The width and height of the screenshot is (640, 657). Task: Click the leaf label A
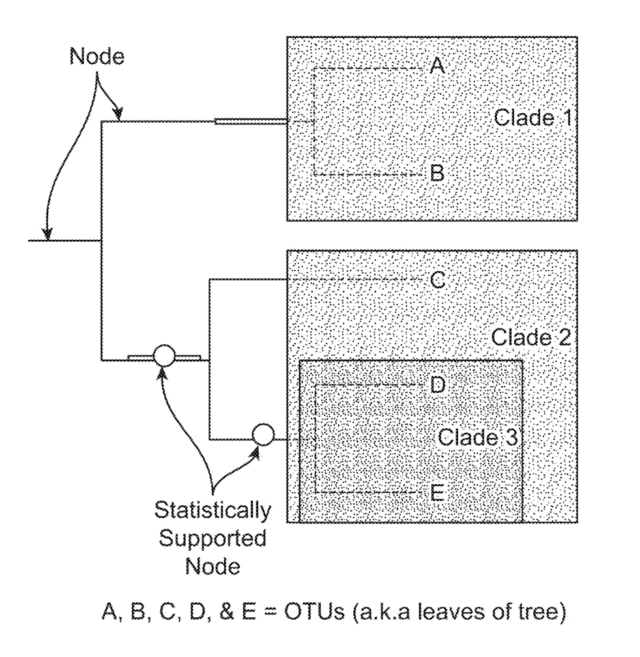(437, 65)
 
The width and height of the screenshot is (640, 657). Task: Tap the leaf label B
(437, 173)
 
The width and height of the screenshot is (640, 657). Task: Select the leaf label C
(438, 280)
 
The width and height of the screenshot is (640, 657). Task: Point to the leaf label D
(438, 385)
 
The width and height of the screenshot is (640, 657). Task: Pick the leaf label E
(437, 493)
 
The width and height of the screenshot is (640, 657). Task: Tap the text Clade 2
(531, 338)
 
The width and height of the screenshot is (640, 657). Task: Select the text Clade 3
(477, 437)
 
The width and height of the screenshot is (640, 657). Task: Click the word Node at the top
(96, 57)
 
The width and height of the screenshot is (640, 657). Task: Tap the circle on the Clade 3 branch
(263, 434)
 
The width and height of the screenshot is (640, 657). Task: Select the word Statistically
(212, 510)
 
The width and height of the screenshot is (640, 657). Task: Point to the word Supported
(212, 538)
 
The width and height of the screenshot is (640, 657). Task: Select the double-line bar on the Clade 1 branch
(250, 121)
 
